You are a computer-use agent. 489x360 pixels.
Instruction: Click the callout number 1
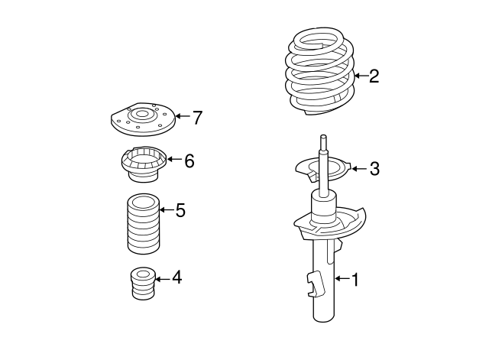click(355, 280)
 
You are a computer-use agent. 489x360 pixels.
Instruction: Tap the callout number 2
click(374, 76)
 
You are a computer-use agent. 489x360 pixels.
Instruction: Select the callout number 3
click(374, 169)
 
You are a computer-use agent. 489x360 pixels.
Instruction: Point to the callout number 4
click(176, 277)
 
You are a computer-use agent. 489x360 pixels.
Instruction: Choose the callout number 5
click(180, 210)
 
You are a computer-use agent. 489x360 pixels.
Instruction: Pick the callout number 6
click(189, 161)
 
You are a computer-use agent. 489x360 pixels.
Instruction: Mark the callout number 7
click(197, 118)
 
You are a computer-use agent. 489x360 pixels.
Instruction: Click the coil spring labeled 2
click(319, 73)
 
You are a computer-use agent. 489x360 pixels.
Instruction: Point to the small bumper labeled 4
click(141, 284)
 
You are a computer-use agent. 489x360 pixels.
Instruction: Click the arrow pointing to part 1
click(340, 280)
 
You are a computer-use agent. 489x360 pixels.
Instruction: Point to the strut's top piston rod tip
click(324, 138)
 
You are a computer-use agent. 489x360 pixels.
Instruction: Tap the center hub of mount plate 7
click(140, 115)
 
